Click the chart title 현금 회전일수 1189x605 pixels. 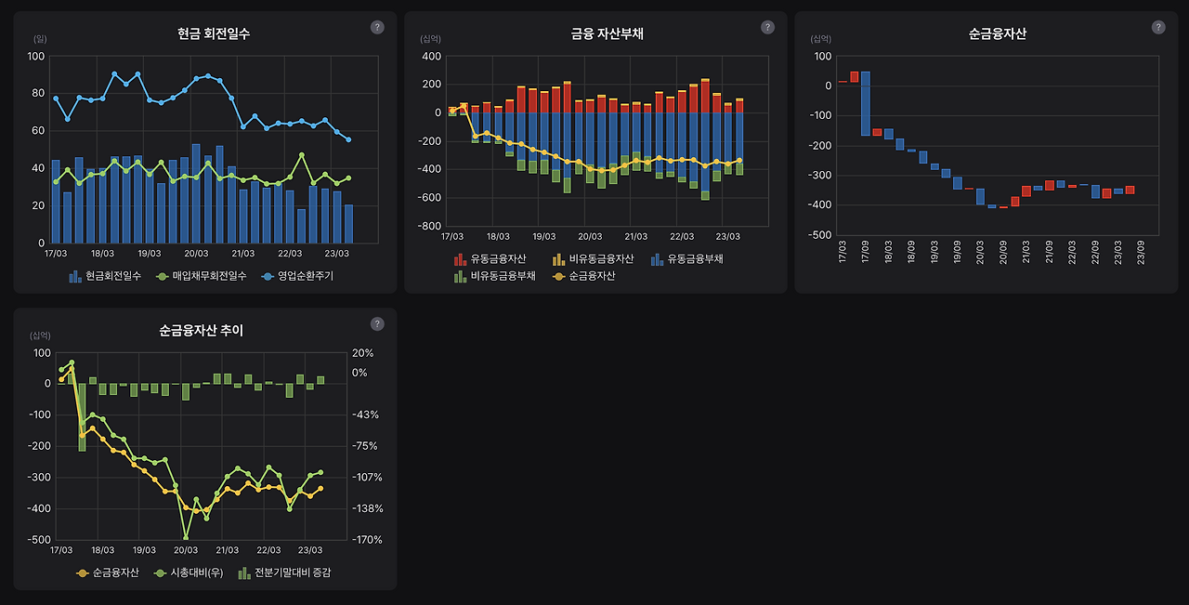(x=214, y=34)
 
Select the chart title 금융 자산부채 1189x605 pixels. (x=607, y=34)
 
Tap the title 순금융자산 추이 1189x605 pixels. (x=201, y=331)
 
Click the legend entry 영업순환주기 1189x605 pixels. (x=298, y=276)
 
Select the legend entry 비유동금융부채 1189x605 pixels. (x=494, y=276)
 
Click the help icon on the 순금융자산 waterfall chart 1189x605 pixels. (x=1157, y=27)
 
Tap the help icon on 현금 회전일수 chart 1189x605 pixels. (x=377, y=27)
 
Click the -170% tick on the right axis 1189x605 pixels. (x=362, y=539)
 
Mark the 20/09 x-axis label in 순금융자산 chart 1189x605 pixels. (x=1003, y=252)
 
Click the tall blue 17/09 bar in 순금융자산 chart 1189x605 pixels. (x=865, y=103)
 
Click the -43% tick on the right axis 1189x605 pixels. (x=362, y=414)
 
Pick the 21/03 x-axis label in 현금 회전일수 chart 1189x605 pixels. (x=243, y=253)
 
